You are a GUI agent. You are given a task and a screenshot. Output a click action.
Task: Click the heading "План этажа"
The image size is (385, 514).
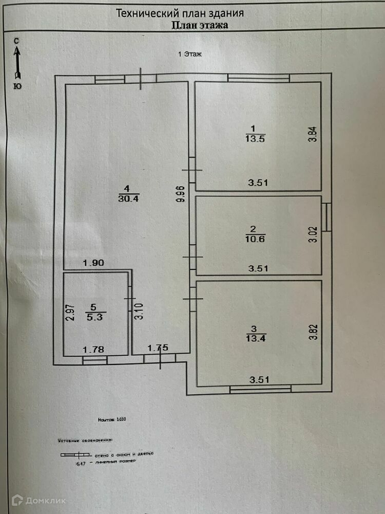(200, 24)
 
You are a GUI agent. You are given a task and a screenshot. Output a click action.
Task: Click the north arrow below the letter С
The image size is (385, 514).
(17, 61)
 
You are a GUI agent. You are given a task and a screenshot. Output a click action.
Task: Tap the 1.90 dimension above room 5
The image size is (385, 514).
(93, 263)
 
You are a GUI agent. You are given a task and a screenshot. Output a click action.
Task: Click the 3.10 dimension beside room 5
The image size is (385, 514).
(138, 311)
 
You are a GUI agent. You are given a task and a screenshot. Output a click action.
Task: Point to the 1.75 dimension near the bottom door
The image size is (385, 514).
(158, 348)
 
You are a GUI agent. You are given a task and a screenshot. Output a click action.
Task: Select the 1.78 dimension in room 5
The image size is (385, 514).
(93, 350)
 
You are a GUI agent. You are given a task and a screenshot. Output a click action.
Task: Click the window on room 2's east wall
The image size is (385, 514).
(326, 216)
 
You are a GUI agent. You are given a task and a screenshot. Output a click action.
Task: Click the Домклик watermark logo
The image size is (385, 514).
(38, 500)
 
